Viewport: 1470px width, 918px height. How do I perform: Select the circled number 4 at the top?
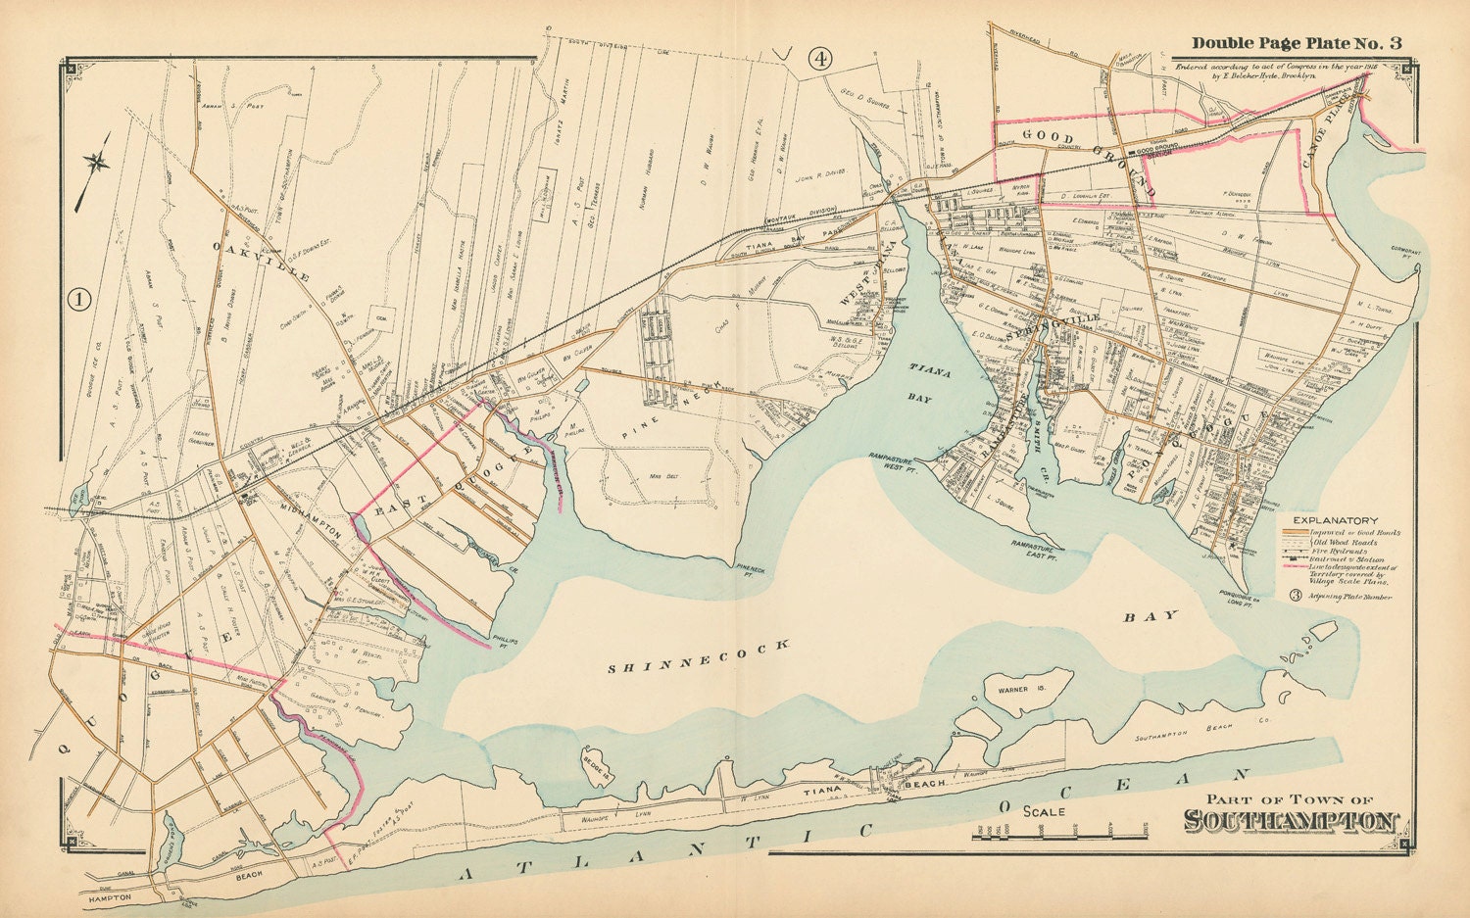(819, 59)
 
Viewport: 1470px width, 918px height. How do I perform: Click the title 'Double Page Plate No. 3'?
(1296, 42)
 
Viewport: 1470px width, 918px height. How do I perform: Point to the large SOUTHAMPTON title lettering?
(1291, 821)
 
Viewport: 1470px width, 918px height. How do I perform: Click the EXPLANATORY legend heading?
(1335, 520)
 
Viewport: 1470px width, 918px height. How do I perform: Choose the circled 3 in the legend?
(1295, 596)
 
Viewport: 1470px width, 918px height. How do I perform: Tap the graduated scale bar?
(1059, 833)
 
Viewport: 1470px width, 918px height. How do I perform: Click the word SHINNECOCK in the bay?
(698, 656)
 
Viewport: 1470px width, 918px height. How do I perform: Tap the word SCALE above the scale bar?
(1045, 811)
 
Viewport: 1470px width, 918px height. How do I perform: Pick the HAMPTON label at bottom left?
(108, 897)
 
